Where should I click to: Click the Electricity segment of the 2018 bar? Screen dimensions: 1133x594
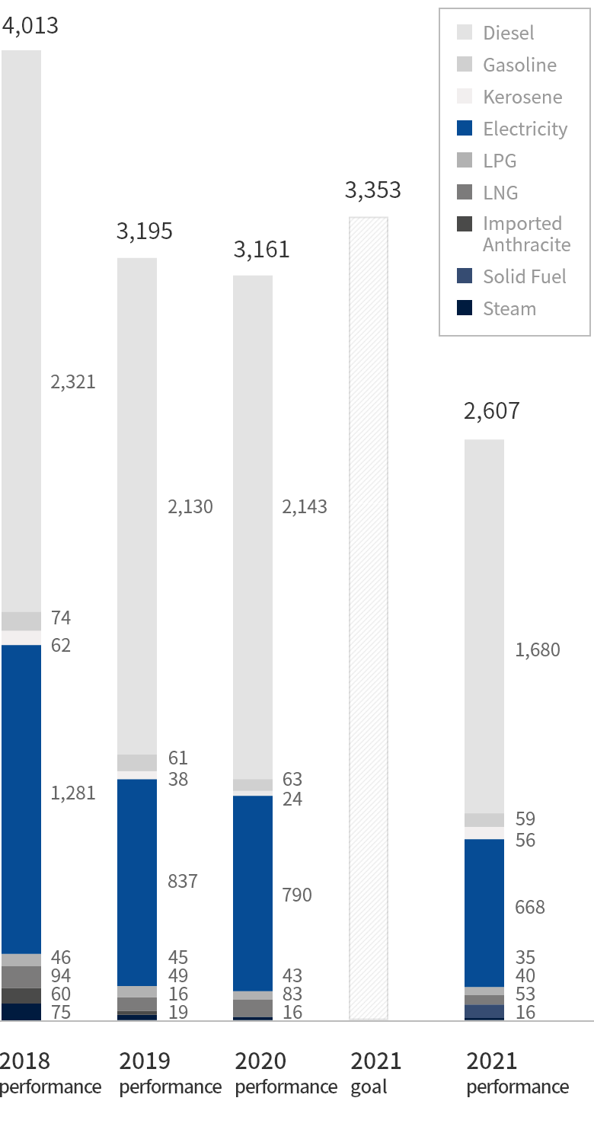click(21, 799)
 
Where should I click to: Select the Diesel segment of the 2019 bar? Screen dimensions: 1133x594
click(137, 506)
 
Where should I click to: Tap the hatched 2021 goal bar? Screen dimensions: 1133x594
click(369, 618)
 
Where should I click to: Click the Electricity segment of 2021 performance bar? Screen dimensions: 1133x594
click(484, 912)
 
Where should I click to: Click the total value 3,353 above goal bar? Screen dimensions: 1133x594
click(372, 190)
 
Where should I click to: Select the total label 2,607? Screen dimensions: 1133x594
click(491, 411)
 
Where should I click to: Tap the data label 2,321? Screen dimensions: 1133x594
click(73, 382)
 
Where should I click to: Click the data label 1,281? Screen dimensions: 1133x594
click(73, 793)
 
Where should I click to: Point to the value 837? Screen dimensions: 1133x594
click(183, 882)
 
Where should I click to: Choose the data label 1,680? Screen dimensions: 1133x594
click(537, 650)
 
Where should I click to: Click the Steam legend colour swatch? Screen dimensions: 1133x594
click(465, 308)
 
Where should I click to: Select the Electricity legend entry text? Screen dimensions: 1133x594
click(525, 129)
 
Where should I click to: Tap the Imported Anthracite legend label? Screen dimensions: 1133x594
click(526, 234)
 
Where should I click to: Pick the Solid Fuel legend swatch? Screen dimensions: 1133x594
click(465, 276)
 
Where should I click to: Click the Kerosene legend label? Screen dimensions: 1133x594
click(522, 97)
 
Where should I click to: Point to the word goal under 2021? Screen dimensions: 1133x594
click(369, 1087)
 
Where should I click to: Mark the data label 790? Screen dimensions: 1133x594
click(297, 895)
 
